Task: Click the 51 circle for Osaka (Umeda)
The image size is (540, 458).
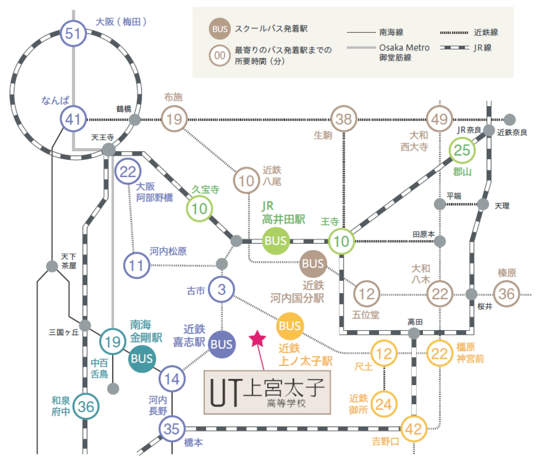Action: tap(73, 34)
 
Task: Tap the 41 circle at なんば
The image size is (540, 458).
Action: tap(73, 119)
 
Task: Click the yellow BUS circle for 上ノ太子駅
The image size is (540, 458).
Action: tap(290, 326)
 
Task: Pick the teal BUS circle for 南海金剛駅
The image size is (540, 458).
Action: tap(142, 359)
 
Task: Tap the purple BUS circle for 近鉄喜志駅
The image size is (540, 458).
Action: tap(221, 344)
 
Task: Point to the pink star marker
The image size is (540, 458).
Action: tap(257, 339)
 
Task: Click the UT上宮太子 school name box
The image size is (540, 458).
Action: tap(267, 392)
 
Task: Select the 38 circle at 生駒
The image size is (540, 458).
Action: tap(344, 119)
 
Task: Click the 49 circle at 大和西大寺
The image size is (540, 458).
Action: tap(439, 119)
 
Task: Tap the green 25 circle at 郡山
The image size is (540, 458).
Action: tap(462, 150)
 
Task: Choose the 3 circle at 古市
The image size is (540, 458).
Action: tap(221, 289)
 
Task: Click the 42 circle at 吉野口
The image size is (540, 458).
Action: tap(413, 429)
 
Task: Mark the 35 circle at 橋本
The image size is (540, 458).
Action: tap(172, 429)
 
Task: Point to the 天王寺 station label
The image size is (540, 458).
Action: tap(103, 137)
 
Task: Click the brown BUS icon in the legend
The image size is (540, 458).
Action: tap(220, 28)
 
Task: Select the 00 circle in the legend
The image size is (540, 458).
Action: tap(220, 55)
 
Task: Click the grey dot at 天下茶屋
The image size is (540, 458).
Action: tap(52, 266)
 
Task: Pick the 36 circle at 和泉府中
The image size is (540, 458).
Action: tap(86, 407)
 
